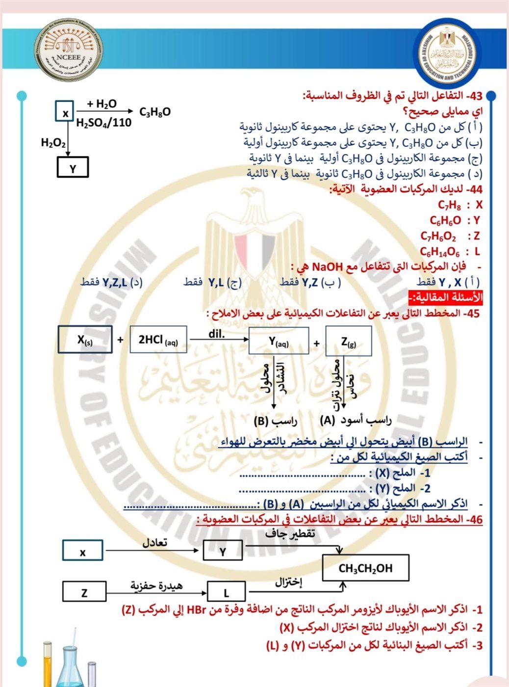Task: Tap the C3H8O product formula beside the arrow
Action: coord(155,112)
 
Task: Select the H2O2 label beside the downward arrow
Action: coord(53,143)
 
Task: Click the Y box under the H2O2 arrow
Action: coord(73,167)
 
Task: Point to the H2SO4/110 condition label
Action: coord(104,123)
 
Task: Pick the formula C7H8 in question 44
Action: coord(449,205)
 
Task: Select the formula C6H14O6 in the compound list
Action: coord(440,252)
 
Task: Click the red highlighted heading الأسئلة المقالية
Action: coord(446,298)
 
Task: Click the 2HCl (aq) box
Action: coord(158,339)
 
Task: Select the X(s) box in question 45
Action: coord(85,339)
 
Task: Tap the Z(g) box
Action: coord(349,341)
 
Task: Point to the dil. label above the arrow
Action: coord(216,334)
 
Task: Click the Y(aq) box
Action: coord(279,341)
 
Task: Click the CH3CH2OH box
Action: coord(366,568)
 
